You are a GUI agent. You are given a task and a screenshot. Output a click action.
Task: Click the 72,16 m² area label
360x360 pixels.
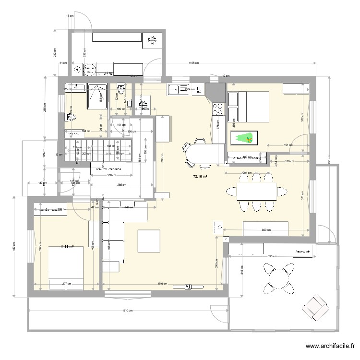tap(200, 177)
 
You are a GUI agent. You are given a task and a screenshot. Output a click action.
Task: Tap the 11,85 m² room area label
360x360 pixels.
tap(66, 247)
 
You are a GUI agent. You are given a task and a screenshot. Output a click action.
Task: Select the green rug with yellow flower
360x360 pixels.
tap(244, 138)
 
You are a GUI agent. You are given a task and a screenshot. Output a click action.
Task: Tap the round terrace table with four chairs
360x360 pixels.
tap(279, 277)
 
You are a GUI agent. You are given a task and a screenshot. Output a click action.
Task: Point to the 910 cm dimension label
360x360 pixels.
tap(127, 311)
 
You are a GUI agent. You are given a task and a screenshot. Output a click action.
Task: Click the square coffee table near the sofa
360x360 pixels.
tap(149, 241)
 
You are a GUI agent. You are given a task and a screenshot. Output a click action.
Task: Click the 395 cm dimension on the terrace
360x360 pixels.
tap(272, 256)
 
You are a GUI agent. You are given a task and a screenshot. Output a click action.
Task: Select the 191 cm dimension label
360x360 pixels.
tap(287, 144)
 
